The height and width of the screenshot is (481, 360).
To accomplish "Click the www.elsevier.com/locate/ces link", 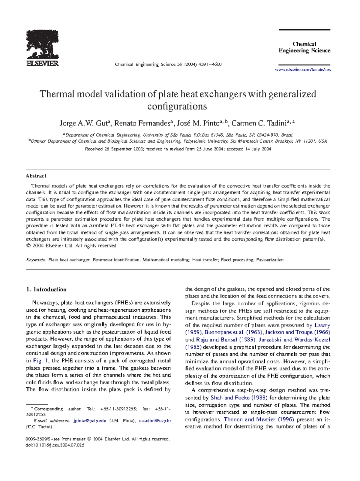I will coord(303,70).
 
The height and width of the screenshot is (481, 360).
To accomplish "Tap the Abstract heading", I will coord(36,176).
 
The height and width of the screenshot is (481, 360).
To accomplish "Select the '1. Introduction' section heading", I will coord(46,289).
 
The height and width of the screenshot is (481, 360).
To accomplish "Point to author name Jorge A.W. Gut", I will coord(84,123).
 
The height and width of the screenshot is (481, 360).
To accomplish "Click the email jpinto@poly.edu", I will coord(90,421).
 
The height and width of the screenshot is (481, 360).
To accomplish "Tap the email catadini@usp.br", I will coord(155,421).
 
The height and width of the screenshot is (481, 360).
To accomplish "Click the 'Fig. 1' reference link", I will coord(37,361).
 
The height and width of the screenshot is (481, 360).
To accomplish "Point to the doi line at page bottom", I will coord(55,445).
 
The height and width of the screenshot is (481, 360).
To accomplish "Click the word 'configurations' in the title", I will coord(177,106).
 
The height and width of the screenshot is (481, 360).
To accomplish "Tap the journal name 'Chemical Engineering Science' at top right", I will coord(304,47).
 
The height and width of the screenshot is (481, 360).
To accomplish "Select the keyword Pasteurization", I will coord(270,260).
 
